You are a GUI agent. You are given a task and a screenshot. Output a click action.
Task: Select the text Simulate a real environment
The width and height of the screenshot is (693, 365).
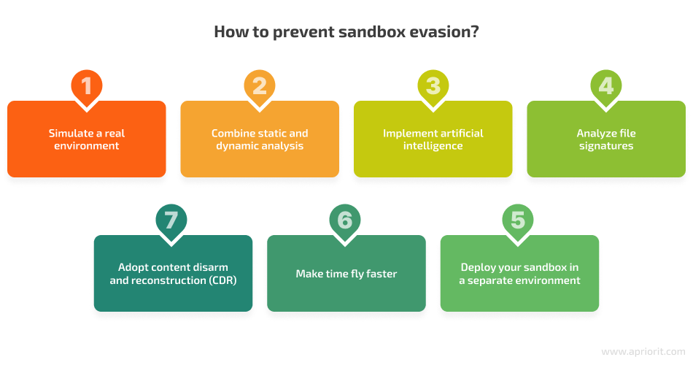pyautogui.click(x=86, y=139)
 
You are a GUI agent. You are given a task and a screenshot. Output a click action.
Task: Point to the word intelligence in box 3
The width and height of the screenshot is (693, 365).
pyautogui.click(x=433, y=146)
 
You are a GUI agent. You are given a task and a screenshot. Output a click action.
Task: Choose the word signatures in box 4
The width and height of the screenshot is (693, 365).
pyautogui.click(x=606, y=146)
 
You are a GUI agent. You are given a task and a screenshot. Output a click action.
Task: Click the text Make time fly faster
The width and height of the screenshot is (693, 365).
pyautogui.click(x=346, y=274)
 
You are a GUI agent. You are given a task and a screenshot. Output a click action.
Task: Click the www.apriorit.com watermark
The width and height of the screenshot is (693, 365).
pyautogui.click(x=643, y=351)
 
